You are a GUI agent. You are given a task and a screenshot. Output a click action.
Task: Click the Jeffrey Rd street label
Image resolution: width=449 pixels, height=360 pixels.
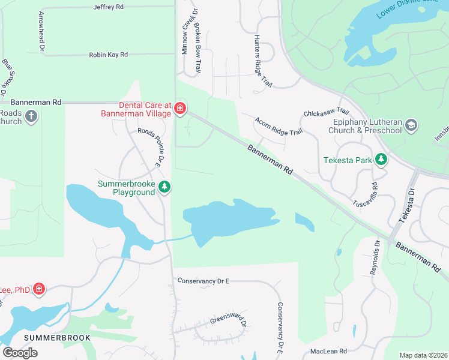pos(108,7)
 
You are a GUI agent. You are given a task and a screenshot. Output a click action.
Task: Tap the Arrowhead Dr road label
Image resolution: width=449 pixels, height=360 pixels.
pos(41,31)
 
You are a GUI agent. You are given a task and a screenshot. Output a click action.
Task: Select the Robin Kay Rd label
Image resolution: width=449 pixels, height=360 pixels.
pos(108,55)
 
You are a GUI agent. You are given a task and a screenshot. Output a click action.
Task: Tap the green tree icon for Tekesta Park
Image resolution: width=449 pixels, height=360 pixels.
pos(381,160)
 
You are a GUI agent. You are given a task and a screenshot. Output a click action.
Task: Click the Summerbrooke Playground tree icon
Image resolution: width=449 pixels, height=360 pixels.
pos(164,188)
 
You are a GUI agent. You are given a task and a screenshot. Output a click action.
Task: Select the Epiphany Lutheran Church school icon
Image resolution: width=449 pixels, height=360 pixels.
pos(411,125)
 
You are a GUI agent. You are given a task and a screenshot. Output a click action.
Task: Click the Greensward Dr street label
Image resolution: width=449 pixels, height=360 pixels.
pos(229,318)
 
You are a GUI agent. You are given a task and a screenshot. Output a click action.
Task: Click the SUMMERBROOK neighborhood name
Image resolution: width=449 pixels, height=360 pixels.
pos(57,338)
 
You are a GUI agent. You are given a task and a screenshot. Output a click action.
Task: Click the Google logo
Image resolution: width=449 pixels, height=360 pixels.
pos(20,352)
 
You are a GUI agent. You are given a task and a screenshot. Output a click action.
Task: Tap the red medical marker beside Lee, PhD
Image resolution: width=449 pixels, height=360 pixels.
pos(39,289)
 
